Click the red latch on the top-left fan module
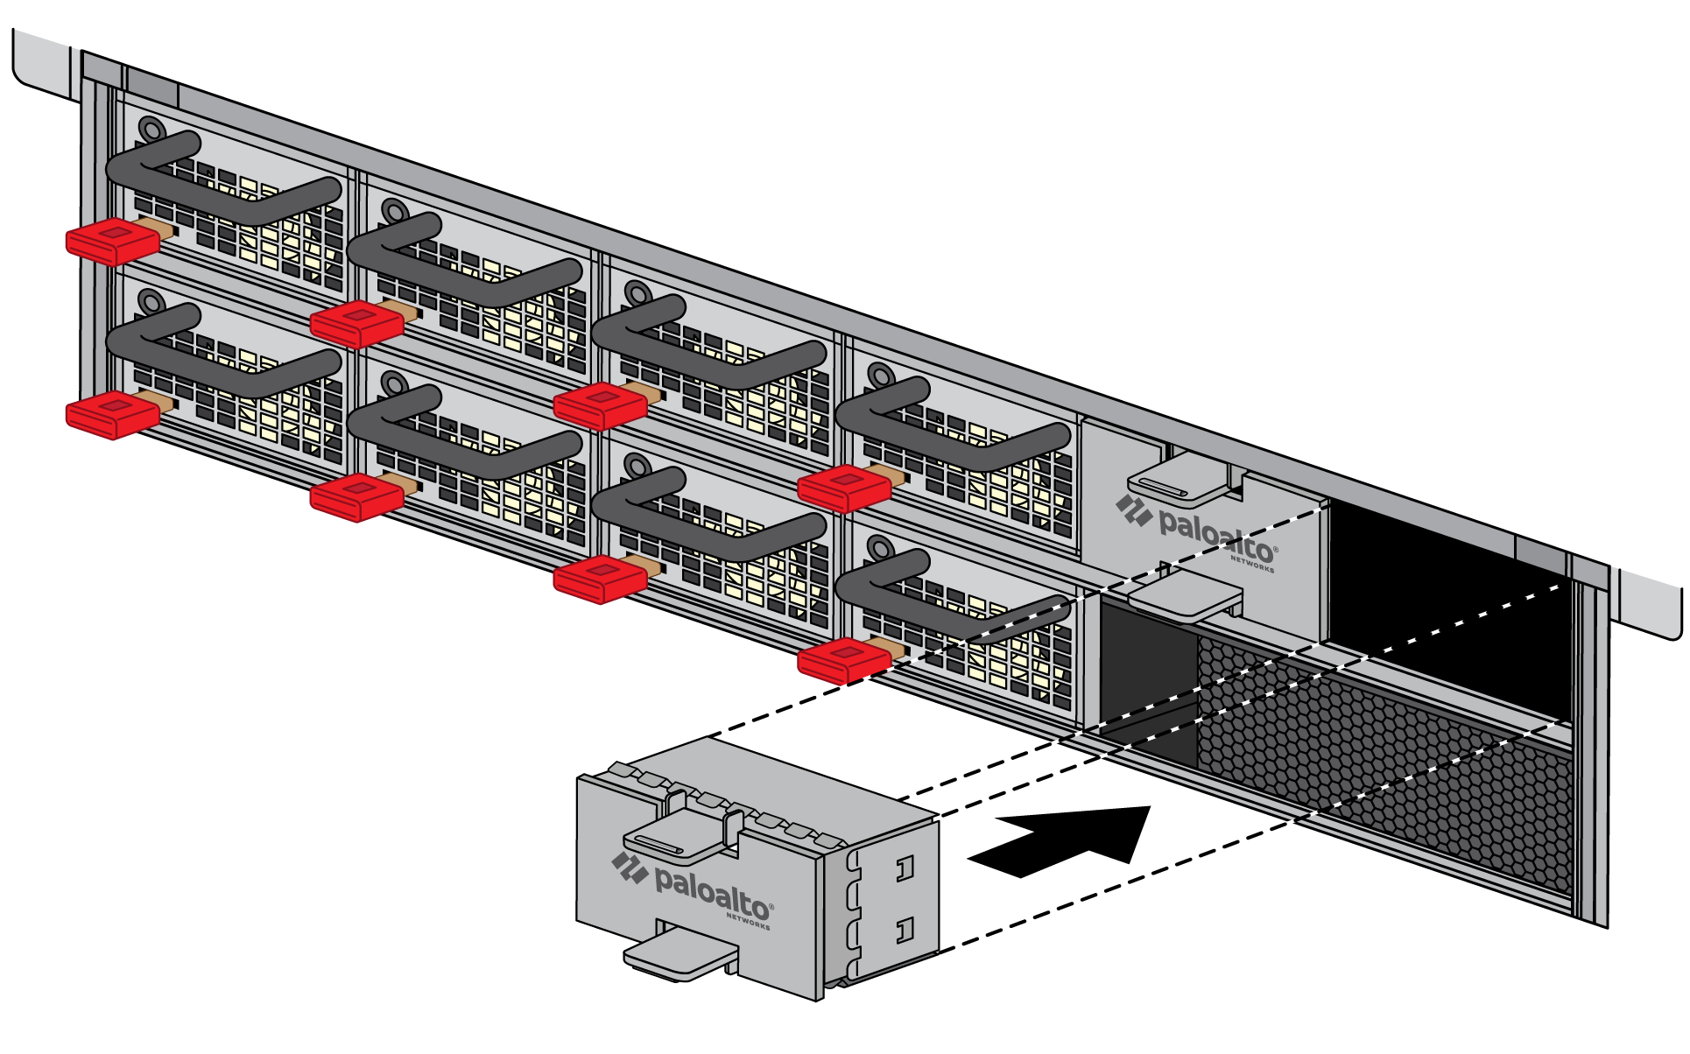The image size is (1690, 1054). (112, 241)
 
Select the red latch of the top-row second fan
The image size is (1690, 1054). (356, 323)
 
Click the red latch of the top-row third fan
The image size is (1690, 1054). (600, 406)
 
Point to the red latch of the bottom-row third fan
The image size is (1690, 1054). (600, 579)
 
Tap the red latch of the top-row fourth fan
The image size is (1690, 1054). (843, 488)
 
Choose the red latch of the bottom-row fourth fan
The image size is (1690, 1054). (843, 660)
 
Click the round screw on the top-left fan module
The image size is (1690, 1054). (151, 130)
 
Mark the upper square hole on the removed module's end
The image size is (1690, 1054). (905, 868)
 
